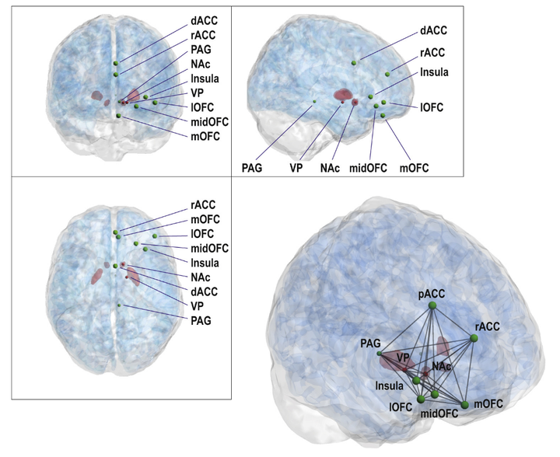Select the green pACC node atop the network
432,306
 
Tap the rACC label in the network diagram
488,327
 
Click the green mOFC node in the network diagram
465,404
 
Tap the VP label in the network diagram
402,356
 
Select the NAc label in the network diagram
442,366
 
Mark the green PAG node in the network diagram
380,353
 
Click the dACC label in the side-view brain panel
432,30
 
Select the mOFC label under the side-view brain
413,167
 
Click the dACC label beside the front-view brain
204,17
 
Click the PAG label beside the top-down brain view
200,319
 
